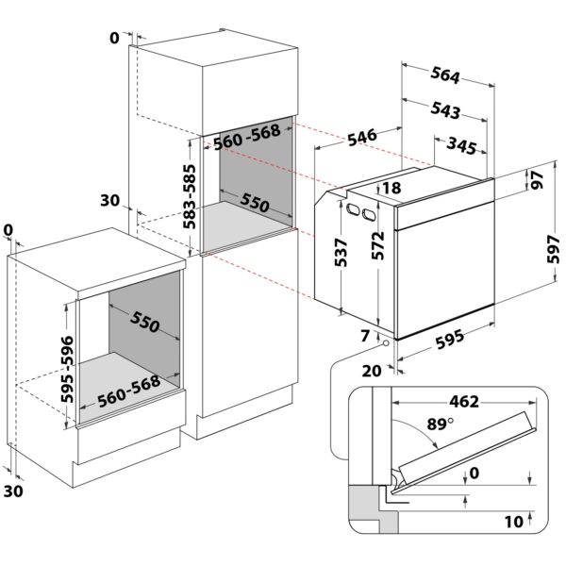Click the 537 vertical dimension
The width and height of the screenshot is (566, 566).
[341, 252]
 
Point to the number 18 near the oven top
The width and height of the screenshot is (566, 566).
[392, 189]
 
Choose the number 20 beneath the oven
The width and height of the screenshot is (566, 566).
[371, 370]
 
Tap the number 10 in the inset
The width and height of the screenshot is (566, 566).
[512, 519]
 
